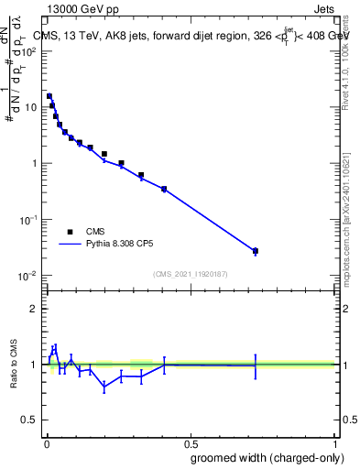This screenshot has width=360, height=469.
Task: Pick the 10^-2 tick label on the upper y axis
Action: (x=28, y=276)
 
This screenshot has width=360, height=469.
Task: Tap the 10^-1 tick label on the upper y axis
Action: (x=28, y=220)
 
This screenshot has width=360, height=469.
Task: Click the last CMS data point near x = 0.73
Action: (x=256, y=250)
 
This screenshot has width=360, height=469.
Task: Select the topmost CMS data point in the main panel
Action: (x=49, y=95)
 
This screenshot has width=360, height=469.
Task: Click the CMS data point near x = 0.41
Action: (x=164, y=189)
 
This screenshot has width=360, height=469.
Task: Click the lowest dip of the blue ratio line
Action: (x=104, y=387)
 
